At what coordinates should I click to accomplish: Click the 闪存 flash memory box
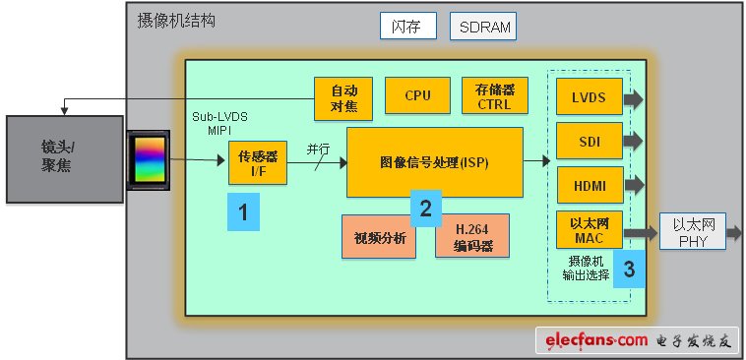[407, 27]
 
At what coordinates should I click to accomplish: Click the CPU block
[417, 95]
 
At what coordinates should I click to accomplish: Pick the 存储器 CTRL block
[494, 96]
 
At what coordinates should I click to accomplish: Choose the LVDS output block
[589, 98]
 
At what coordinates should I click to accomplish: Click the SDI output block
[589, 142]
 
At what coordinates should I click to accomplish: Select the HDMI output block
[589, 185]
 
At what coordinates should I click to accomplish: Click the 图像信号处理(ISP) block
[433, 161]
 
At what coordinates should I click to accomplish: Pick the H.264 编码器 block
[472, 236]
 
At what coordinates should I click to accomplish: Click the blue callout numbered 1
[244, 210]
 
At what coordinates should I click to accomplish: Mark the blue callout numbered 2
[425, 207]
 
